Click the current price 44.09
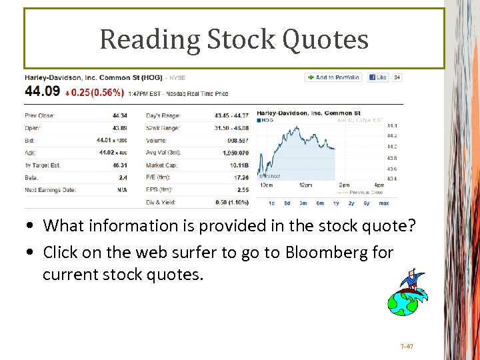point(42,91)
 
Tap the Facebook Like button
point(377,77)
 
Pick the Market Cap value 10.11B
point(239,165)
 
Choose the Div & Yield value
point(231,202)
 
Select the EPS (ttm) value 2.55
point(242,190)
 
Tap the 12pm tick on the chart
point(305,185)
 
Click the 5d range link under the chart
point(287,203)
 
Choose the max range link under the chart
point(384,203)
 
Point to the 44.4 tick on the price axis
point(391,125)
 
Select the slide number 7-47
point(407,347)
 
